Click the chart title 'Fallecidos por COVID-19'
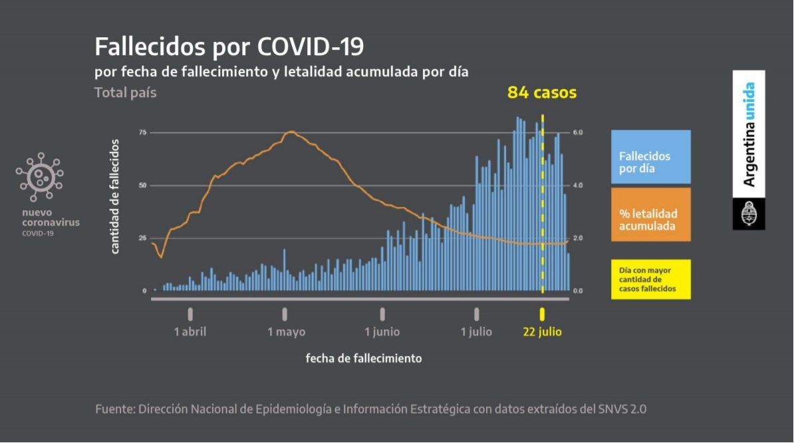tap(229, 47)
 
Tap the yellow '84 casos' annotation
tap(541, 92)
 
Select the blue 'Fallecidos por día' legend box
tap(651, 156)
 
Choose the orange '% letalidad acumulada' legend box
tap(651, 214)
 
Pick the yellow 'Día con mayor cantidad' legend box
tap(651, 279)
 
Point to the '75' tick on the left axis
tap(142, 132)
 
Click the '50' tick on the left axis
tap(142, 186)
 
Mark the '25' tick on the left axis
tap(142, 238)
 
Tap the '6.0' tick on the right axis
tap(578, 132)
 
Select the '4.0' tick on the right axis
tap(578, 186)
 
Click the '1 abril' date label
tap(190, 331)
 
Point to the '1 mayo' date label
tap(287, 331)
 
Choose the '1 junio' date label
tap(382, 331)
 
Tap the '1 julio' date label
tap(476, 331)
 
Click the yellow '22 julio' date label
tap(542, 331)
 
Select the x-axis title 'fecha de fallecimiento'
tap(364, 358)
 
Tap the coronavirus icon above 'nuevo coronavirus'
tap(40, 176)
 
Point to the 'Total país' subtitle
tap(126, 92)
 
